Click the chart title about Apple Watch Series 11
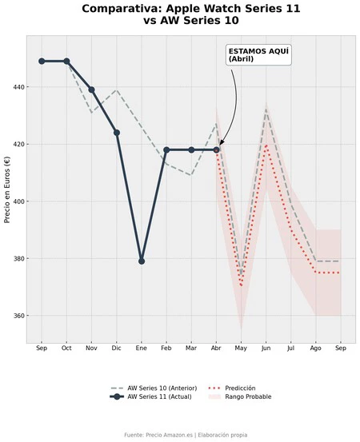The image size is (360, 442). click(x=180, y=14)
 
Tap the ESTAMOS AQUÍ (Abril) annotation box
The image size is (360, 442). click(x=258, y=54)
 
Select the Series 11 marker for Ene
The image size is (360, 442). click(x=142, y=261)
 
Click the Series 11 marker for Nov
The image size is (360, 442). click(x=91, y=90)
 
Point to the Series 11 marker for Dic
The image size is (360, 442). click(x=117, y=133)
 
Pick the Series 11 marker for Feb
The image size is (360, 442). click(x=166, y=149)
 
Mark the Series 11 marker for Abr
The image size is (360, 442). click(x=216, y=149)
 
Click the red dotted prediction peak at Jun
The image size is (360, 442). click(x=266, y=145)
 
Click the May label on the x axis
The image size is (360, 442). click(x=241, y=349)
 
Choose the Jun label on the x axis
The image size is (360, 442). click(x=266, y=349)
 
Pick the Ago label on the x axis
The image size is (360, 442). click(x=316, y=349)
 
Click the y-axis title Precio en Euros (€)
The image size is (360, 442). click(x=7, y=189)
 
